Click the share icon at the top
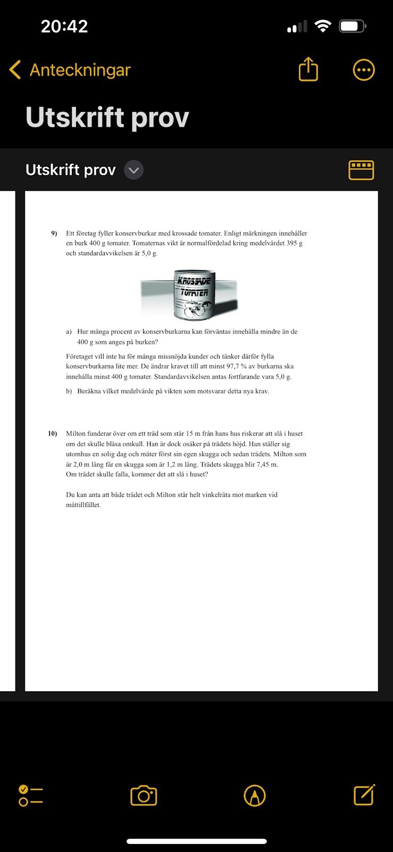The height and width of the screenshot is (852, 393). click(308, 70)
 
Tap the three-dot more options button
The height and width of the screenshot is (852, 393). click(364, 70)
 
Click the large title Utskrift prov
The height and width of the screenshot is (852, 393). click(107, 117)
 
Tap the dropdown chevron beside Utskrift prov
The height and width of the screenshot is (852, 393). click(134, 170)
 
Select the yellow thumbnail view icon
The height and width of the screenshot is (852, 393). click(361, 170)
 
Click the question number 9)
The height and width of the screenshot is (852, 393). click(54, 233)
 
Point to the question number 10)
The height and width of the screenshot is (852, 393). click(53, 433)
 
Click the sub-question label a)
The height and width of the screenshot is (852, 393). click(69, 331)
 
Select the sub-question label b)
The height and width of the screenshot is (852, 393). click(69, 391)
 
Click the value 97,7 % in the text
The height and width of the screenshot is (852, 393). click(240, 366)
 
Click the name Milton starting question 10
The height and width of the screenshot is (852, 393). click(76, 433)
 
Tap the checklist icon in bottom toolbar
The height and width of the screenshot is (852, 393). click(31, 796)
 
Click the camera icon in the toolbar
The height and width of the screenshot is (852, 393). click(144, 796)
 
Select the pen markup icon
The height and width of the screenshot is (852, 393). click(255, 796)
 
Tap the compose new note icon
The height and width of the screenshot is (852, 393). click(364, 795)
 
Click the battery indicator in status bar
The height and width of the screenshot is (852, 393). click(353, 26)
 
